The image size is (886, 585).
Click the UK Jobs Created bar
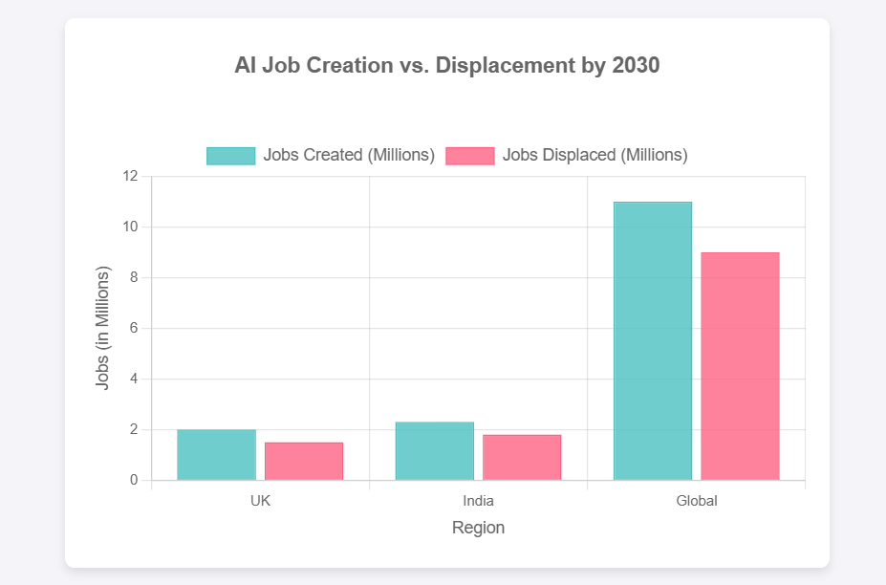(x=216, y=455)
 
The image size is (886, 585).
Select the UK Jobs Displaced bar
(x=304, y=462)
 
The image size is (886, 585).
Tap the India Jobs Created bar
(x=434, y=451)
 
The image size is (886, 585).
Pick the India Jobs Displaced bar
(x=522, y=458)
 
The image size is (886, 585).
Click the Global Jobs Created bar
(x=652, y=341)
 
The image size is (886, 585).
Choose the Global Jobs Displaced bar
(x=740, y=366)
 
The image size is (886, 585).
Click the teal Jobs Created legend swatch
(x=230, y=156)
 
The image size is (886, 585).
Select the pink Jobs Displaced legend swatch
(x=469, y=156)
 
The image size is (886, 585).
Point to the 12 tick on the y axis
(x=130, y=177)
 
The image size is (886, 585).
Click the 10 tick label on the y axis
(x=130, y=227)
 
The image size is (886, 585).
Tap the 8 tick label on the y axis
(x=134, y=278)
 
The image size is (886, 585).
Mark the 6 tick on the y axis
(x=134, y=329)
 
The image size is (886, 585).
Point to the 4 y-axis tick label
(x=134, y=379)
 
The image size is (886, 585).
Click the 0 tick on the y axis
(x=134, y=481)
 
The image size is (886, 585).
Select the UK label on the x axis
(x=260, y=501)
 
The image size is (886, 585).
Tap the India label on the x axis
(x=478, y=501)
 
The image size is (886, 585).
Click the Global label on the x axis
(x=696, y=501)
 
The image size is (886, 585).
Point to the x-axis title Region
(x=478, y=528)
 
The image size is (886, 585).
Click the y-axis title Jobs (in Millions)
(x=103, y=328)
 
